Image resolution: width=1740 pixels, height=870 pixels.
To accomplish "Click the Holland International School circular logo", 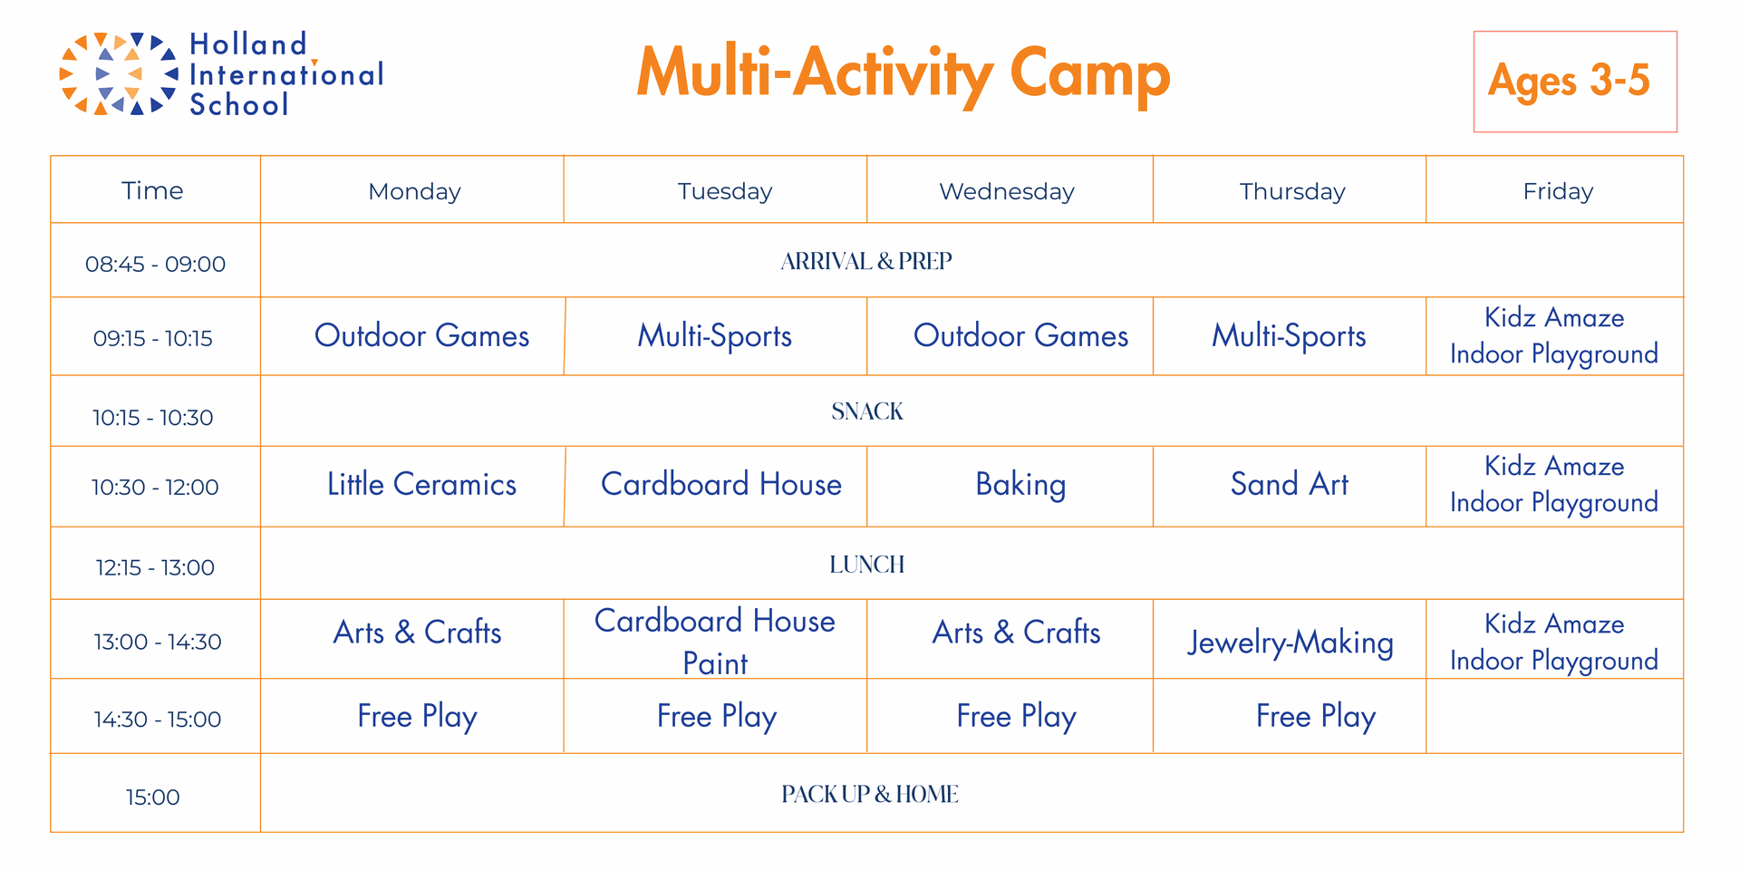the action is pos(118,73).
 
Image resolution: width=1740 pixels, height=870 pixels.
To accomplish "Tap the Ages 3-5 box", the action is pos(1575,82).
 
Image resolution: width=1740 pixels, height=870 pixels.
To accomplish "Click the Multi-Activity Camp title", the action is pos(903,74).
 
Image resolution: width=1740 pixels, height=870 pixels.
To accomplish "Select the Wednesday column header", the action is pos(1007,191).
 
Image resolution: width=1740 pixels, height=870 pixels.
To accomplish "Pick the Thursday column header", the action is pos(1292,191).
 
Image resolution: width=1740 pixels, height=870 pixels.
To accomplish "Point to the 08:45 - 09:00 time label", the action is pos(155,264).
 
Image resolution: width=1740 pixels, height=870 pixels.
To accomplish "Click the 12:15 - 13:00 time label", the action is pos(155,567).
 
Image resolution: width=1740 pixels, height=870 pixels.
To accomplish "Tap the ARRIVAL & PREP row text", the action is pos(866,261).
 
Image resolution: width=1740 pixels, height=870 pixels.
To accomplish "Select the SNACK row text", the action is pos(867,411).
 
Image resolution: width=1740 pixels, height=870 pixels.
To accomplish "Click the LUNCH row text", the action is pos(867,565).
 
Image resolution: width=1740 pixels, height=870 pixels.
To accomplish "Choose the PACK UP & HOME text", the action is pos(870,794).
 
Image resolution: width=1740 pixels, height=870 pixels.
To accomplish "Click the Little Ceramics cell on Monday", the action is pos(421,484).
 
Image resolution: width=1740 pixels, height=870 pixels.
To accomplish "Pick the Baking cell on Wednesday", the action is pos(1020,485).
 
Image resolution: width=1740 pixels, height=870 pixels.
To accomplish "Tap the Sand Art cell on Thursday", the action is pos(1289,484).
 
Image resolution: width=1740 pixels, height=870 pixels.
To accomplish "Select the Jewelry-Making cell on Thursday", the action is pos(1290,643).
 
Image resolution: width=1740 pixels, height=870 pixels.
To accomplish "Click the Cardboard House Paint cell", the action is pos(715,642).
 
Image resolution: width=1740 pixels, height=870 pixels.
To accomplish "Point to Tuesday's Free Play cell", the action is pos(716,717).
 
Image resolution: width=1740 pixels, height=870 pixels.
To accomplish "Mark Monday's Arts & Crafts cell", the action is pos(417,632).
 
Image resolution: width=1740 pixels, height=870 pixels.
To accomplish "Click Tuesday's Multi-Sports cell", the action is pos(714,336).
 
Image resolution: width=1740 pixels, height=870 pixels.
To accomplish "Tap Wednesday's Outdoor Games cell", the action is pos(1020,335).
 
